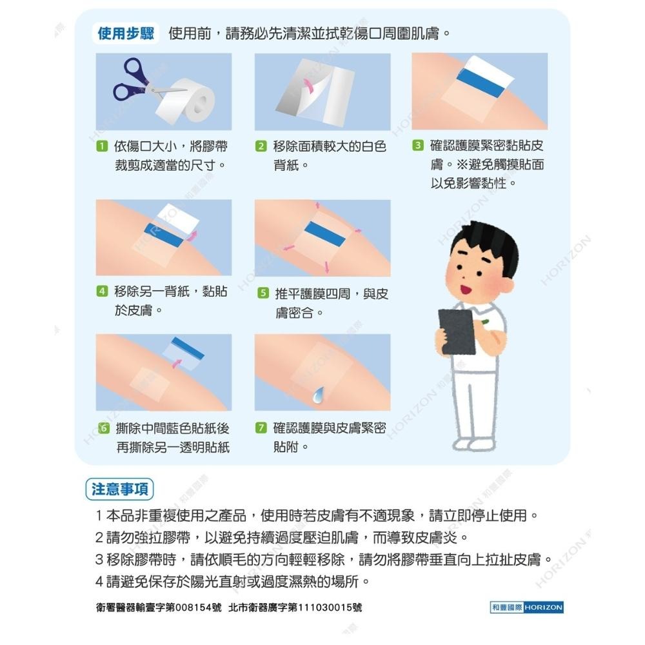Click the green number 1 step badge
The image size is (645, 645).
point(101,146)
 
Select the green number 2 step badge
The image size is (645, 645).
point(261,146)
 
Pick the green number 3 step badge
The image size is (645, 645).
point(418,146)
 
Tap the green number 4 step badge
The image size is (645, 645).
point(101,292)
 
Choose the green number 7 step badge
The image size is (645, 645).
point(261,428)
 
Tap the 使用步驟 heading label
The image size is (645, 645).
point(125,34)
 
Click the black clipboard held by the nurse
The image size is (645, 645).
point(456,332)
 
